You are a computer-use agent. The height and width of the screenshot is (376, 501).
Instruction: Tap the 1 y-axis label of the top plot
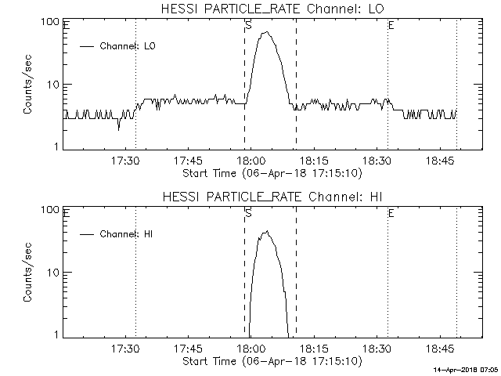(x=57, y=146)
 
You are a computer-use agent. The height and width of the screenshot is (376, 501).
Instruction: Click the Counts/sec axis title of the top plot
(x=28, y=85)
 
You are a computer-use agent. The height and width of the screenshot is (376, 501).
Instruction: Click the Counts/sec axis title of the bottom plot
(x=28, y=273)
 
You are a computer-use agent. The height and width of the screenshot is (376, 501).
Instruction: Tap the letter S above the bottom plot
(x=248, y=213)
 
